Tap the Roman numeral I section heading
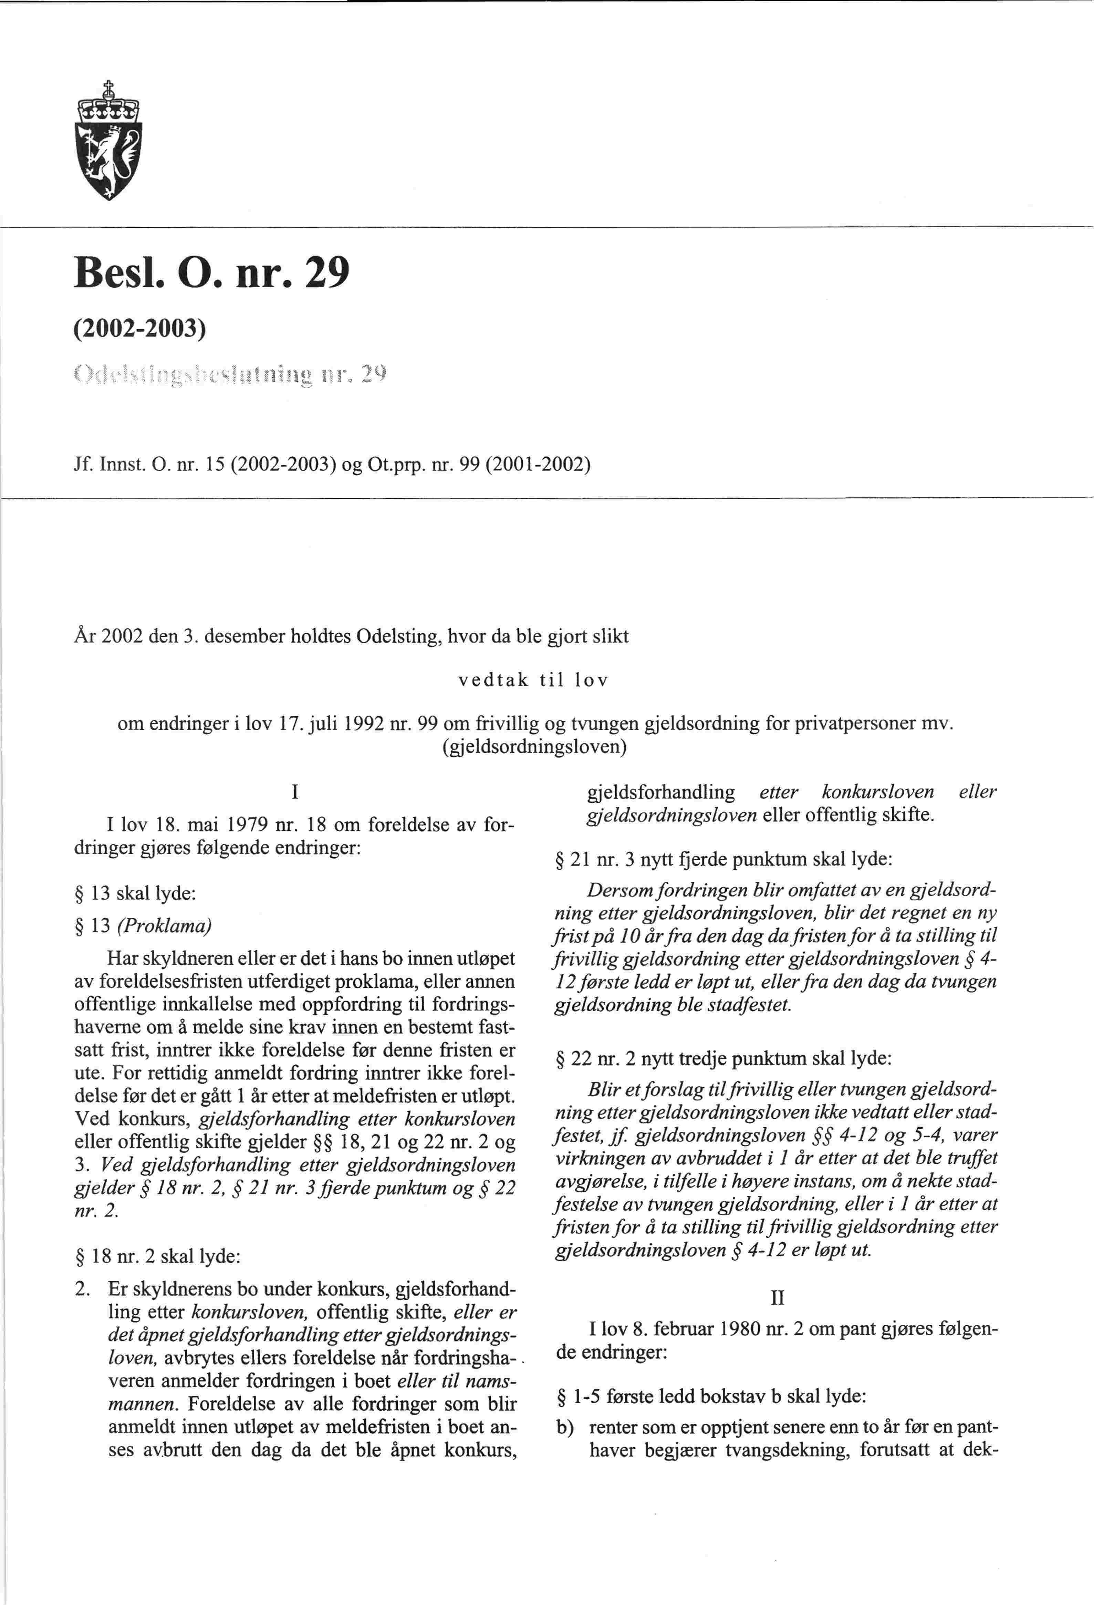click(x=295, y=792)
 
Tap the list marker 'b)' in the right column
click(x=565, y=1428)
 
